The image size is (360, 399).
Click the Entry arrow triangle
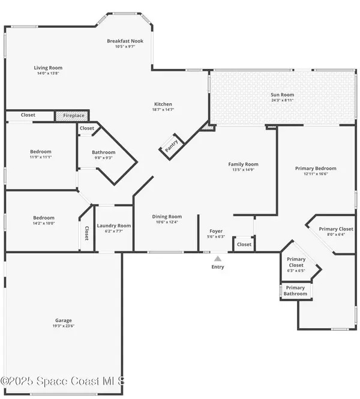(x=218, y=259)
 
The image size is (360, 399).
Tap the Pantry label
(x=171, y=146)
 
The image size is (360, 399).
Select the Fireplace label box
(x=74, y=116)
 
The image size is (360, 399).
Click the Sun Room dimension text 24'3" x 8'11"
(x=283, y=100)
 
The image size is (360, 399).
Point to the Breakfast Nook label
(x=125, y=41)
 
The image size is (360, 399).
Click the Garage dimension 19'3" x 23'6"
(x=64, y=326)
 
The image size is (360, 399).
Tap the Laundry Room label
(x=114, y=226)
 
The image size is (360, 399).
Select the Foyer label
(x=216, y=231)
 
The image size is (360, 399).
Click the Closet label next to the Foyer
(x=244, y=245)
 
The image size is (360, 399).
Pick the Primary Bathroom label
(x=295, y=290)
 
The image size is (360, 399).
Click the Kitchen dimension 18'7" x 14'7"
(x=163, y=110)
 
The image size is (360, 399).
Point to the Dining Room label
(x=167, y=217)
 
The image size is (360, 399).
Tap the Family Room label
(x=243, y=164)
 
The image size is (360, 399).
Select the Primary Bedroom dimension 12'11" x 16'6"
(x=316, y=174)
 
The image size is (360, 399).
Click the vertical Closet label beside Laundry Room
(x=87, y=233)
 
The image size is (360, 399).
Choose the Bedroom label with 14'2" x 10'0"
(x=44, y=218)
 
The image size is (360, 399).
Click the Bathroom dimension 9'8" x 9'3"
(x=104, y=158)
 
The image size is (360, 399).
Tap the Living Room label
(x=48, y=68)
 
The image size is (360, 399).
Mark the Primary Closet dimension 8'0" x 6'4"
(x=336, y=235)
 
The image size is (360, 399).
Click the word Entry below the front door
(x=218, y=267)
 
